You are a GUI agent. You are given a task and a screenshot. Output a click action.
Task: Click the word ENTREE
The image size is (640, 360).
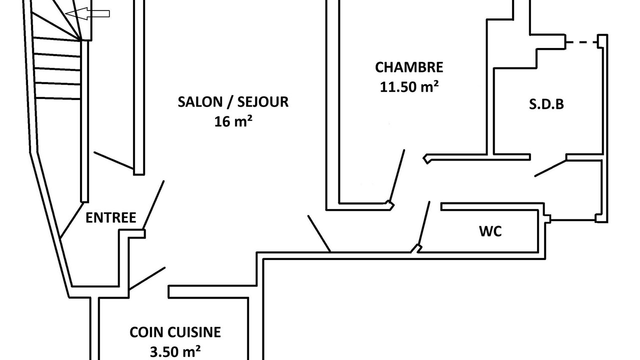pyautogui.click(x=110, y=218)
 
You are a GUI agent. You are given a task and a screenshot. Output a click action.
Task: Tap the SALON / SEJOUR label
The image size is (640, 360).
pyautogui.click(x=233, y=102)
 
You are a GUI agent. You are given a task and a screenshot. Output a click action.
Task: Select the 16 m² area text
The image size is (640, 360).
pyautogui.click(x=232, y=121)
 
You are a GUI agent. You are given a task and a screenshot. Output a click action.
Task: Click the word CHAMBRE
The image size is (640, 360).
pyautogui.click(x=409, y=67)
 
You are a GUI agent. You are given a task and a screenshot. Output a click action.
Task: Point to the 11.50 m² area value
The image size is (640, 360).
pyautogui.click(x=409, y=86)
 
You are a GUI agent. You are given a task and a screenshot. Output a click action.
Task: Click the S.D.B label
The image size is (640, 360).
pyautogui.click(x=546, y=104)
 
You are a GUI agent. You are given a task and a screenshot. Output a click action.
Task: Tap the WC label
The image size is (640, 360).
pyautogui.click(x=490, y=231)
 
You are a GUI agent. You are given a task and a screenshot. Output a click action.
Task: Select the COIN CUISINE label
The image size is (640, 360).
pyautogui.click(x=175, y=332)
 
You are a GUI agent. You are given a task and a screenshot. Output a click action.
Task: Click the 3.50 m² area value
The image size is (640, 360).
pyautogui.click(x=175, y=351)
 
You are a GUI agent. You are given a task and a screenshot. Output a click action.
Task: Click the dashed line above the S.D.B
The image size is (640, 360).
pyautogui.click(x=582, y=42)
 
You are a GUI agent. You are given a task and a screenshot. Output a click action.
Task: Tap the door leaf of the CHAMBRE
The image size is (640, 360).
pyautogui.click(x=397, y=175)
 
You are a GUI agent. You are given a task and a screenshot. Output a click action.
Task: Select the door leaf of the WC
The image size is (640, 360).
pyautogui.click(x=424, y=224)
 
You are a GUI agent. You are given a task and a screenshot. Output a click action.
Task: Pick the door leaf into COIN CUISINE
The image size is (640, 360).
pyautogui.click(x=147, y=278)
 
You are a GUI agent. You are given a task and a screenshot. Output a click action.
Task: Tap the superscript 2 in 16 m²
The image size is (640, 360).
pyautogui.click(x=248, y=118)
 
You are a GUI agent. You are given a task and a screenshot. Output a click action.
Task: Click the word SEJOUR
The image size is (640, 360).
pyautogui.click(x=264, y=102)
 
